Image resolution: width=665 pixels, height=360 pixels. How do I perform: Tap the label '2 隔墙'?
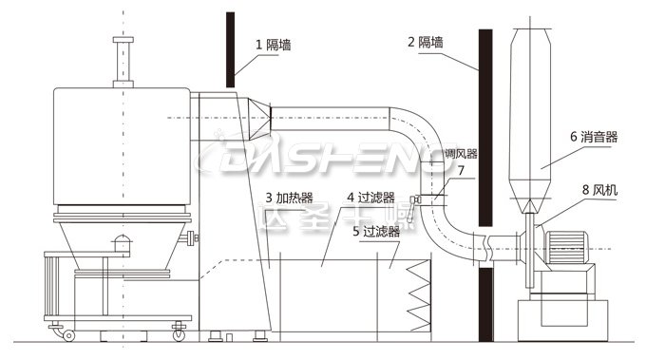tap(425, 42)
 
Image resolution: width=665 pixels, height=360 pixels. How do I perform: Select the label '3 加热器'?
tap(290, 198)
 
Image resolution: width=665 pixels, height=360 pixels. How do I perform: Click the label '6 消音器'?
tap(593, 137)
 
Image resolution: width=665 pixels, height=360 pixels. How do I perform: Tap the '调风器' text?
tap(461, 153)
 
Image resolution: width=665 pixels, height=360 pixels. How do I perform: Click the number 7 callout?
tap(461, 171)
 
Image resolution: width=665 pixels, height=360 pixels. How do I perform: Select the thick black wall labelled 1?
tap(229, 47)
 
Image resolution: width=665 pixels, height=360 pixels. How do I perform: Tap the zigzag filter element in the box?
tap(417, 295)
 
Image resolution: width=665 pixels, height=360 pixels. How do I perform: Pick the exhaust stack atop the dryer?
tap(122, 61)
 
